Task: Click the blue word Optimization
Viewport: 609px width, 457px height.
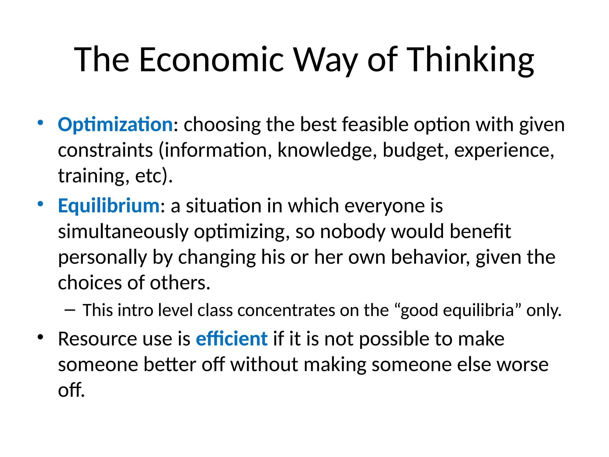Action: [115, 124]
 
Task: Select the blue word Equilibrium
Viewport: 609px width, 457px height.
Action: [109, 206]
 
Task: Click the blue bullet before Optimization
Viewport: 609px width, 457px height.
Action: [40, 123]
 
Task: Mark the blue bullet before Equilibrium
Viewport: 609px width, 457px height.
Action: [40, 204]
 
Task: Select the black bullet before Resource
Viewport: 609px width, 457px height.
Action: [40, 337]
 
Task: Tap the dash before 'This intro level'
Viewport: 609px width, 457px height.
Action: [70, 310]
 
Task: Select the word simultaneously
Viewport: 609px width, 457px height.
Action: [123, 231]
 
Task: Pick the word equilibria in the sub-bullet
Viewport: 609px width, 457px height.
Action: [478, 310]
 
